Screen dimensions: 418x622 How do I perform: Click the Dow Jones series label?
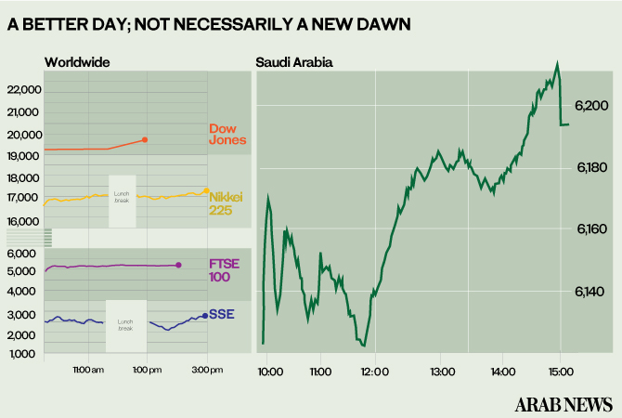[x=227, y=134]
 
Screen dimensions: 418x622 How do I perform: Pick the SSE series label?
[x=222, y=315]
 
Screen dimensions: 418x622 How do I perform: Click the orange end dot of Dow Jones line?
[x=145, y=139]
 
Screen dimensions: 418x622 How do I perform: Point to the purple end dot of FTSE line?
[x=178, y=266]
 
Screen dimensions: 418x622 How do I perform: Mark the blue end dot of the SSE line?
[x=204, y=316]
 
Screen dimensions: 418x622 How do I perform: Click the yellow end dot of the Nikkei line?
[x=205, y=190]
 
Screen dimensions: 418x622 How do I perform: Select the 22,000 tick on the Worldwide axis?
[x=23, y=89]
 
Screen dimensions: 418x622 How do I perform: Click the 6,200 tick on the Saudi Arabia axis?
[x=591, y=105]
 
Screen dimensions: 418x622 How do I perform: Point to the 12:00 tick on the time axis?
[x=374, y=372]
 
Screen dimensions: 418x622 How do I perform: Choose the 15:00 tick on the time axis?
[x=560, y=372]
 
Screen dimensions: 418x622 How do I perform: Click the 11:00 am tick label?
[x=87, y=371]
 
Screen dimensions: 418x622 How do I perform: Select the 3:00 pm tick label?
[x=206, y=371]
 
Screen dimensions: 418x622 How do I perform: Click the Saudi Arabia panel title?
[x=294, y=62]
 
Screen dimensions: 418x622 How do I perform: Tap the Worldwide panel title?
[x=77, y=62]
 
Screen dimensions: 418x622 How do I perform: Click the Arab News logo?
[x=564, y=404]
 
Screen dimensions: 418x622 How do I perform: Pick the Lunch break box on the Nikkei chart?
[x=122, y=201]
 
